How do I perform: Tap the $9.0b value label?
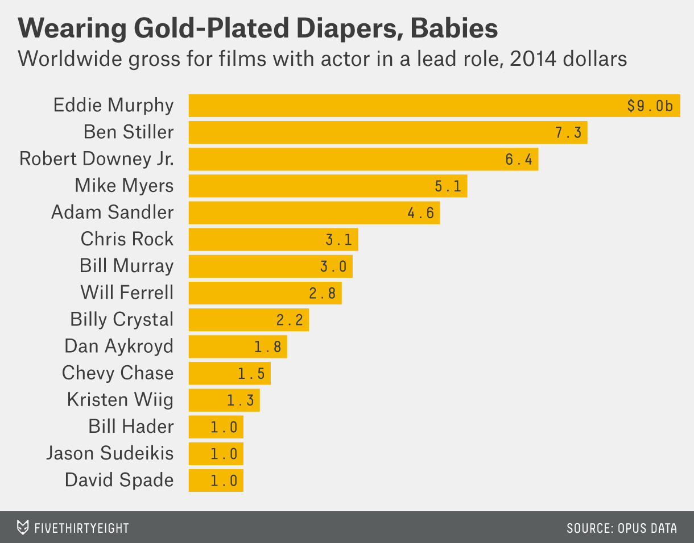(x=650, y=106)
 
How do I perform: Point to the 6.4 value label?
(x=518, y=160)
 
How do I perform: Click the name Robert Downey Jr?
(x=96, y=158)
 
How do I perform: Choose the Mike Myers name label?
(x=124, y=185)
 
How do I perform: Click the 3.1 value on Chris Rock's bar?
(x=338, y=240)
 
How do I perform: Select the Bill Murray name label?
(x=126, y=265)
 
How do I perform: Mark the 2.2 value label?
(x=290, y=320)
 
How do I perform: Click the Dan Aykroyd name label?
(x=119, y=346)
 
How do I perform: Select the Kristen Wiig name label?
(x=120, y=399)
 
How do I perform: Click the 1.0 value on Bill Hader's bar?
(x=224, y=427)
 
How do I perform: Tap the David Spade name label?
(x=119, y=480)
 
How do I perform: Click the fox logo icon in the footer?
(x=23, y=527)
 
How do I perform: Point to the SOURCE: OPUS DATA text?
(x=621, y=528)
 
